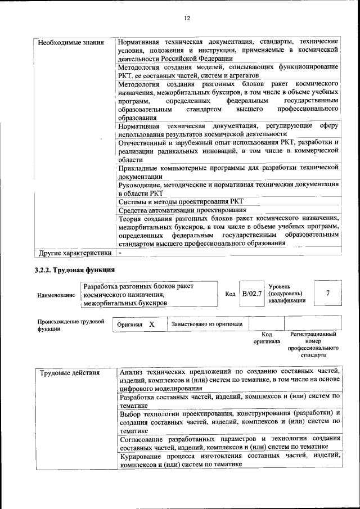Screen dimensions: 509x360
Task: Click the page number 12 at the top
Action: (x=187, y=18)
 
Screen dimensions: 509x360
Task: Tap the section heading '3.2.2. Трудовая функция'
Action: (x=75, y=271)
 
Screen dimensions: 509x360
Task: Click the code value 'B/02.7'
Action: (x=252, y=294)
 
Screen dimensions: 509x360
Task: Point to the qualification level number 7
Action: (x=327, y=294)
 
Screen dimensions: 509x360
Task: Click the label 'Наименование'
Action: (x=56, y=295)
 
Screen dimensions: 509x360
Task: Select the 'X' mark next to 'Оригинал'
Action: (x=151, y=325)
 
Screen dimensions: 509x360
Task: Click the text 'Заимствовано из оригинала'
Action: (x=207, y=325)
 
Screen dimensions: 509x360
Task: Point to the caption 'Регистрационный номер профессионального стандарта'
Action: (x=313, y=344)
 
